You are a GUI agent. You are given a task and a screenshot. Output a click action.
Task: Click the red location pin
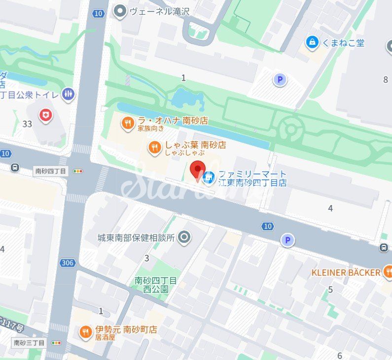(197, 168)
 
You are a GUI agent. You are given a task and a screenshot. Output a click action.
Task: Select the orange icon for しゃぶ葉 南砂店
(155, 147)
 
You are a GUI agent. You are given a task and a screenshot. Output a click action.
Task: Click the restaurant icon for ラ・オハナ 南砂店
(128, 123)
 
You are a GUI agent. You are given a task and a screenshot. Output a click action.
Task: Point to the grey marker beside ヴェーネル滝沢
(119, 11)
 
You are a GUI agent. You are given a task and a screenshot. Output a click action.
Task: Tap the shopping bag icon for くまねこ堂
(312, 43)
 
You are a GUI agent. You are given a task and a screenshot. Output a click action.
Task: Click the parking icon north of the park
(280, 80)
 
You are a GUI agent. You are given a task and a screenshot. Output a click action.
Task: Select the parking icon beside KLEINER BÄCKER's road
(287, 240)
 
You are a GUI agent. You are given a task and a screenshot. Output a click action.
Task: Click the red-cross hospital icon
(46, 115)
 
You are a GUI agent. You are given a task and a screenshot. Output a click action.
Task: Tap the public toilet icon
(69, 94)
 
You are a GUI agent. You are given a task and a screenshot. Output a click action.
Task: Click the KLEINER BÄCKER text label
(346, 272)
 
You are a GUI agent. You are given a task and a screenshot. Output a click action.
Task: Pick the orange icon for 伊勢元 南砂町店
(86, 332)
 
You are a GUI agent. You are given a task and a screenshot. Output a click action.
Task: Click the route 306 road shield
(68, 263)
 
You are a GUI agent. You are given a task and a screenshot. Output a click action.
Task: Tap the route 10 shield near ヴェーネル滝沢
(99, 13)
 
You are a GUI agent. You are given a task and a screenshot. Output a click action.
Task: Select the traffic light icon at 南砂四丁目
(78, 171)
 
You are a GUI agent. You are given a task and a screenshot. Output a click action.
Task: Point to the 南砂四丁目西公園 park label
(156, 285)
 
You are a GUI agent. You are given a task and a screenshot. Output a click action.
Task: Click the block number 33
(27, 124)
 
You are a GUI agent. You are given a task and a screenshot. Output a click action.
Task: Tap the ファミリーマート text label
(252, 174)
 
